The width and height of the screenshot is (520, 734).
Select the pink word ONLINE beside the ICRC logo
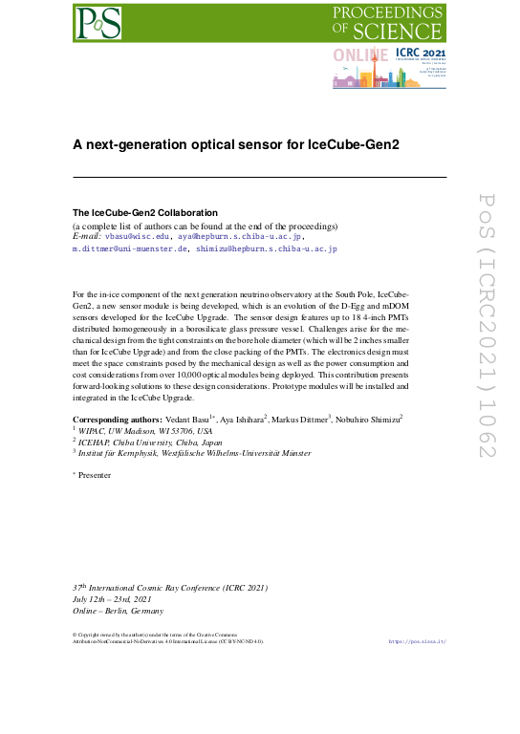tap(359, 56)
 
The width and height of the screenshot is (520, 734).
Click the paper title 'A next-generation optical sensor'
tap(236, 145)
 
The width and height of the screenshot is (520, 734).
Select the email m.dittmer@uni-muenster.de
tap(130, 248)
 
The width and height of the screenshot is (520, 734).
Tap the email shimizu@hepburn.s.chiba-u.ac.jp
tap(267, 248)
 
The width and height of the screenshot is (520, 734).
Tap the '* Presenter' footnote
tap(95, 473)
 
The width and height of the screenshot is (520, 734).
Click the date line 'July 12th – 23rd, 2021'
tap(112, 599)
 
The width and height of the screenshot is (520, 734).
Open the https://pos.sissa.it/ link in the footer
tap(418, 641)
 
